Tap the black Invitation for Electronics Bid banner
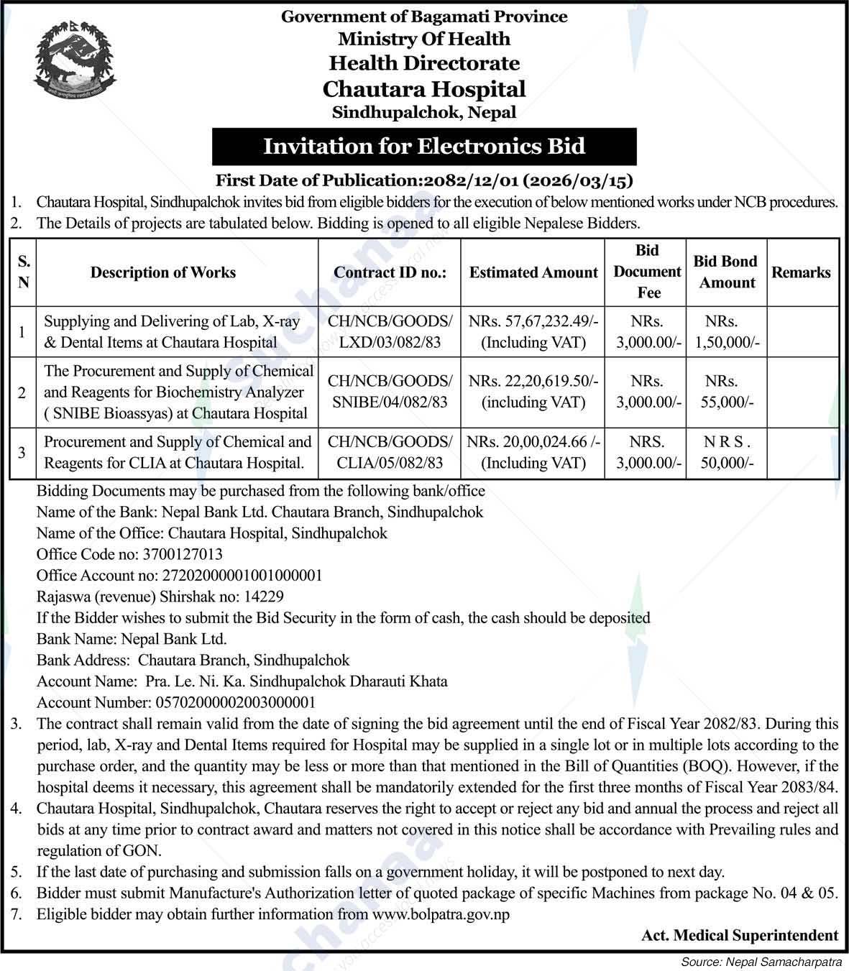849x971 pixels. [424, 147]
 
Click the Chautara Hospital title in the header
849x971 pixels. [424, 89]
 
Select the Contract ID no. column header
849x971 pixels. [390, 272]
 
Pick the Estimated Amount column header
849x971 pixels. [533, 272]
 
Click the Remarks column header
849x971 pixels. [801, 272]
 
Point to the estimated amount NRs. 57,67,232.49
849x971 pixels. [533, 322]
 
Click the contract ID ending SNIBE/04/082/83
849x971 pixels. [390, 402]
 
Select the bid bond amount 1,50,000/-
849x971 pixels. [727, 343]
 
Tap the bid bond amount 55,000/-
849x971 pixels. [727, 402]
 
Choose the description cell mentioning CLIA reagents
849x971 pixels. [178, 452]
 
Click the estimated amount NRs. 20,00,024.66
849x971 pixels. [533, 442]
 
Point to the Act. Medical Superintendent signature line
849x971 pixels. [740, 935]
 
